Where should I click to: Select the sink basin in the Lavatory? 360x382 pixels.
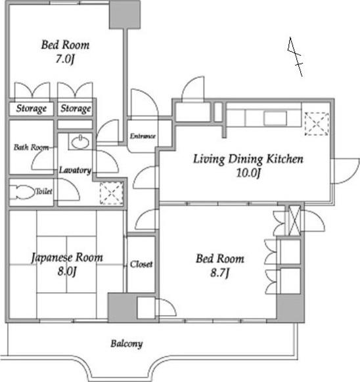pyautogui.click(x=80, y=142)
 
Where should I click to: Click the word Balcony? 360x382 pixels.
pyautogui.click(x=127, y=344)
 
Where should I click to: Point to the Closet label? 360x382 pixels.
pyautogui.click(x=141, y=264)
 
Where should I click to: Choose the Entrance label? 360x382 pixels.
pyautogui.click(x=143, y=136)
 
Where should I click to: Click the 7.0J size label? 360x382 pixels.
pyautogui.click(x=64, y=59)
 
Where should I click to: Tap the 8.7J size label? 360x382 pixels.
pyautogui.click(x=220, y=272)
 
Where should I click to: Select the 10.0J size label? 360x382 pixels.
pyautogui.click(x=248, y=173)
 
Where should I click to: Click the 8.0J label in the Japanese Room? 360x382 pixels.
pyautogui.click(x=67, y=271)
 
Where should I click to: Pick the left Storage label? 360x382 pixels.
pyautogui.click(x=32, y=109)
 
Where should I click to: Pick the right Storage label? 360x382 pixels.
pyautogui.click(x=76, y=109)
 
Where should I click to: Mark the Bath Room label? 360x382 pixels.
pyautogui.click(x=31, y=147)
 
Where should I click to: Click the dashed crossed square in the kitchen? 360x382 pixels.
pyautogui.click(x=317, y=124)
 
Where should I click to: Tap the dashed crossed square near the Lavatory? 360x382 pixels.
pyautogui.click(x=111, y=193)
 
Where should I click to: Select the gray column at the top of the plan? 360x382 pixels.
pyautogui.click(x=125, y=14)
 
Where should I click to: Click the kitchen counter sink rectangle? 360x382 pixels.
pyautogui.click(x=275, y=118)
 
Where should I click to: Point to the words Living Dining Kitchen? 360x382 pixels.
pyautogui.click(x=248, y=159)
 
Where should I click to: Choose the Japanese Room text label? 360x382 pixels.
pyautogui.click(x=67, y=258)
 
